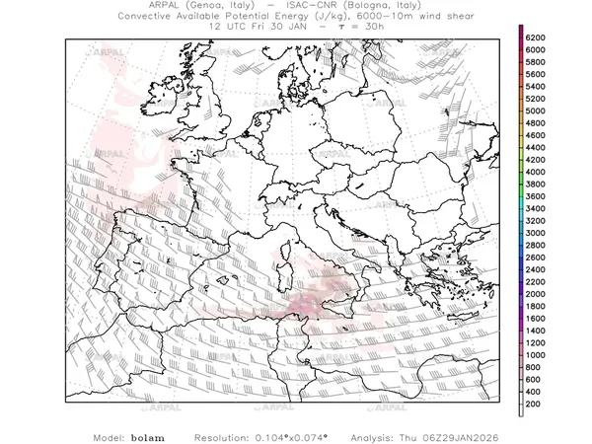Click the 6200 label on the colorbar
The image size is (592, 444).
click(536, 37)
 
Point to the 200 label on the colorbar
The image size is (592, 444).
click(534, 405)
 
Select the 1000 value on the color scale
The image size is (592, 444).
click(536, 355)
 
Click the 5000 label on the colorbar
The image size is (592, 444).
click(536, 111)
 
